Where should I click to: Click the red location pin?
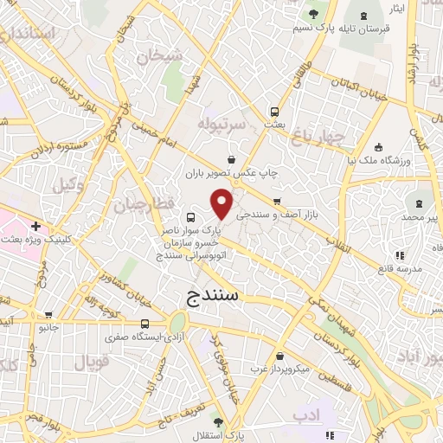(x=222, y=205)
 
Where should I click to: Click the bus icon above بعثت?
(x=274, y=111)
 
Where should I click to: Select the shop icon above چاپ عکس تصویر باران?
(x=231, y=159)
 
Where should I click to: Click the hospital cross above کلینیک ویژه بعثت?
(x=35, y=226)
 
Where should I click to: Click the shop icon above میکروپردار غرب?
(x=279, y=356)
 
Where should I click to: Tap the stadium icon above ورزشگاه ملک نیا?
(x=377, y=145)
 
